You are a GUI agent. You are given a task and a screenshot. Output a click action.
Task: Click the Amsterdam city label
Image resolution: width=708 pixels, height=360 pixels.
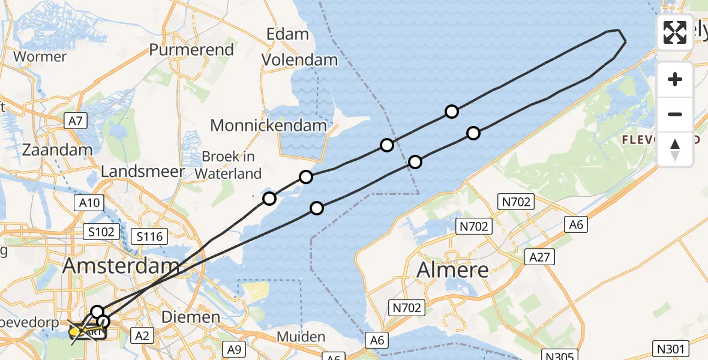pos(121,265)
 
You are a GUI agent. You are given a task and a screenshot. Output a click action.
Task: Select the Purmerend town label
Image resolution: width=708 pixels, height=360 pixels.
pos(191,49)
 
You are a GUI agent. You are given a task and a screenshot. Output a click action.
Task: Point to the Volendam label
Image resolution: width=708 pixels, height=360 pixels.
pos(301,60)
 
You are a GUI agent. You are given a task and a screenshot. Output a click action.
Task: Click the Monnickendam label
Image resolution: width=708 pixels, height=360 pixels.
pos(268,125)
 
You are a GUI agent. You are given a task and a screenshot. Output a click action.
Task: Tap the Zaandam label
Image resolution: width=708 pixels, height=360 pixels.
pos(57,150)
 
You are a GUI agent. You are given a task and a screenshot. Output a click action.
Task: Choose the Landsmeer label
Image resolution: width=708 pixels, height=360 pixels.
pos(143,172)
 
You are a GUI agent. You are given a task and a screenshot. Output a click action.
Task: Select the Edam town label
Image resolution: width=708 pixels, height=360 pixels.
pos(287,34)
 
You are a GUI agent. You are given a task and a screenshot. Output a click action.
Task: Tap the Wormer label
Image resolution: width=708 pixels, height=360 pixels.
pos(40,57)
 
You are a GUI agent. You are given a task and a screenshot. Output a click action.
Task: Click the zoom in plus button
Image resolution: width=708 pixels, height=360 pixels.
pos(675,80)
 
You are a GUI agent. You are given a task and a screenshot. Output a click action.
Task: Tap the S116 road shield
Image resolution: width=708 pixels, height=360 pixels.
pos(149,237)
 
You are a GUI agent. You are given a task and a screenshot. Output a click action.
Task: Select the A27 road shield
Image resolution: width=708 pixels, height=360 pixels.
pos(539,257)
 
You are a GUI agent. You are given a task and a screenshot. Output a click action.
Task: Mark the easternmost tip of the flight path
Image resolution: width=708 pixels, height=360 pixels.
pos(626,41)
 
